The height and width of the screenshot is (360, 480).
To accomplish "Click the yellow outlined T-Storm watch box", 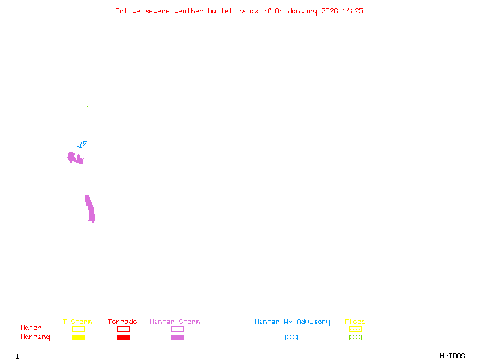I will pyautogui.click(x=78, y=329).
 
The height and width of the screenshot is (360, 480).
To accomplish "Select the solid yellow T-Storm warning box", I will pyautogui.click(x=78, y=337).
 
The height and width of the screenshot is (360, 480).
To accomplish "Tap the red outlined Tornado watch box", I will pyautogui.click(x=123, y=329).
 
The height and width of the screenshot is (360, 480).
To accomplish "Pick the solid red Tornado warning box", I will pyautogui.click(x=123, y=337).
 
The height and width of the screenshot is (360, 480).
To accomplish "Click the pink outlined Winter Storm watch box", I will pyautogui.click(x=177, y=329).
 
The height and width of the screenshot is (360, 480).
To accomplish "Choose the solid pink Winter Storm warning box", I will pyautogui.click(x=177, y=337).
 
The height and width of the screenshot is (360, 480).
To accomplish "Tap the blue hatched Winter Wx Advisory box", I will pyautogui.click(x=291, y=337).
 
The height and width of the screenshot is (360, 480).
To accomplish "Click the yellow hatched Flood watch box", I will pyautogui.click(x=355, y=329).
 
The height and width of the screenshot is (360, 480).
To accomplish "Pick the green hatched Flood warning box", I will pyautogui.click(x=355, y=337).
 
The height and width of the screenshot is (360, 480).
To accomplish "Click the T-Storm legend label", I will pyautogui.click(x=77, y=322).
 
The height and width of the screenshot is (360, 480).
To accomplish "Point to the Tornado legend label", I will pyautogui.click(x=122, y=322).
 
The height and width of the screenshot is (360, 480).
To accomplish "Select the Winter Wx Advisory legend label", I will pyautogui.click(x=292, y=322).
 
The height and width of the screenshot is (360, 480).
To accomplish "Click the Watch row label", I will pyautogui.click(x=31, y=328).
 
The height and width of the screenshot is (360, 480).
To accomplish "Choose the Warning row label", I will pyautogui.click(x=35, y=337).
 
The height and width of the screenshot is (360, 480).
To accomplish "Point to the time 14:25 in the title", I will pyautogui.click(x=352, y=11).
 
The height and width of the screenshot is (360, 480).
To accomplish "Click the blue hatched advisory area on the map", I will pyautogui.click(x=82, y=144).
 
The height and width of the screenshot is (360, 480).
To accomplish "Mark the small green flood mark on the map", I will pyautogui.click(x=87, y=106).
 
